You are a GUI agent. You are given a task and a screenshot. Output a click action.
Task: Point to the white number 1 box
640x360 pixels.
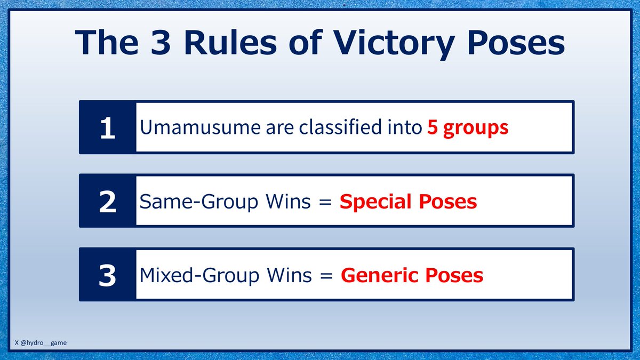107,128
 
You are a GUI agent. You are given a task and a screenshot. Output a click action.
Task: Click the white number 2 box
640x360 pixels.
107,202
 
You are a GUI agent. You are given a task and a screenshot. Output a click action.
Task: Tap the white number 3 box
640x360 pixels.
107,276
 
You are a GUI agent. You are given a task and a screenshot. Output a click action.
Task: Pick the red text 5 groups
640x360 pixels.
468,129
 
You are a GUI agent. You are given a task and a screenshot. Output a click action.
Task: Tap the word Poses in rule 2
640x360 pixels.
446,202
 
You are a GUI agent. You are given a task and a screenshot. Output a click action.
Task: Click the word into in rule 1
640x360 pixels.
406,129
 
